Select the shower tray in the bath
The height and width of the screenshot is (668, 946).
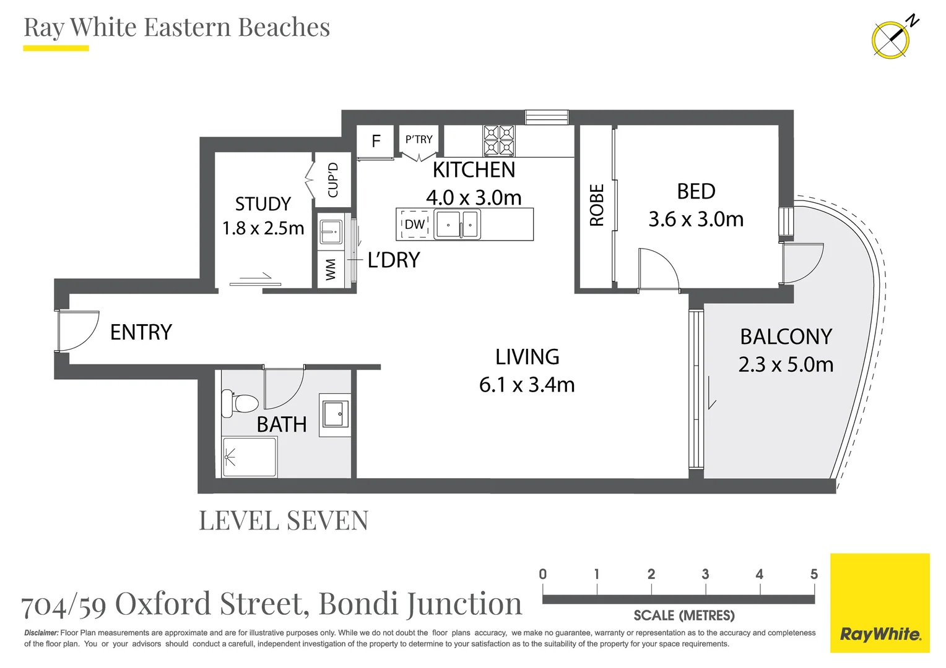[250, 457]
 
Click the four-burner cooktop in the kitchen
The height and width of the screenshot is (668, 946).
[499, 140]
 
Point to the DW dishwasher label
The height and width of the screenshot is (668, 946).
[414, 225]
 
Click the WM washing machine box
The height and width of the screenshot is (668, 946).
[331, 270]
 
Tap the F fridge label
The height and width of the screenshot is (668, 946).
[376, 141]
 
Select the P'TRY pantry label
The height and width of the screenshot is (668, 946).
[419, 139]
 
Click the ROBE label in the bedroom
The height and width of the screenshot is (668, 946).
[597, 205]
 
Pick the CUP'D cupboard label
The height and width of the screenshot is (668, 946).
[333, 180]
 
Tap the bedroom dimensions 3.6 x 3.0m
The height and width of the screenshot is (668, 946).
[696, 219]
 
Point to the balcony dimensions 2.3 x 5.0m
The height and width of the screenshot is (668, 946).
[786, 364]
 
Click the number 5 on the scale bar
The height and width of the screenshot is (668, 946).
[814, 574]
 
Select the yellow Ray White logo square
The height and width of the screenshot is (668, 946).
[880, 603]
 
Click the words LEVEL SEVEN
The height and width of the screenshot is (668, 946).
[284, 520]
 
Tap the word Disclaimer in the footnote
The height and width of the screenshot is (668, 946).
[41, 633]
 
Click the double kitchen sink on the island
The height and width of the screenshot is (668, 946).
[458, 224]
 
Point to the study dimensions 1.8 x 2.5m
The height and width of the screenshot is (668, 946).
[263, 228]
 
